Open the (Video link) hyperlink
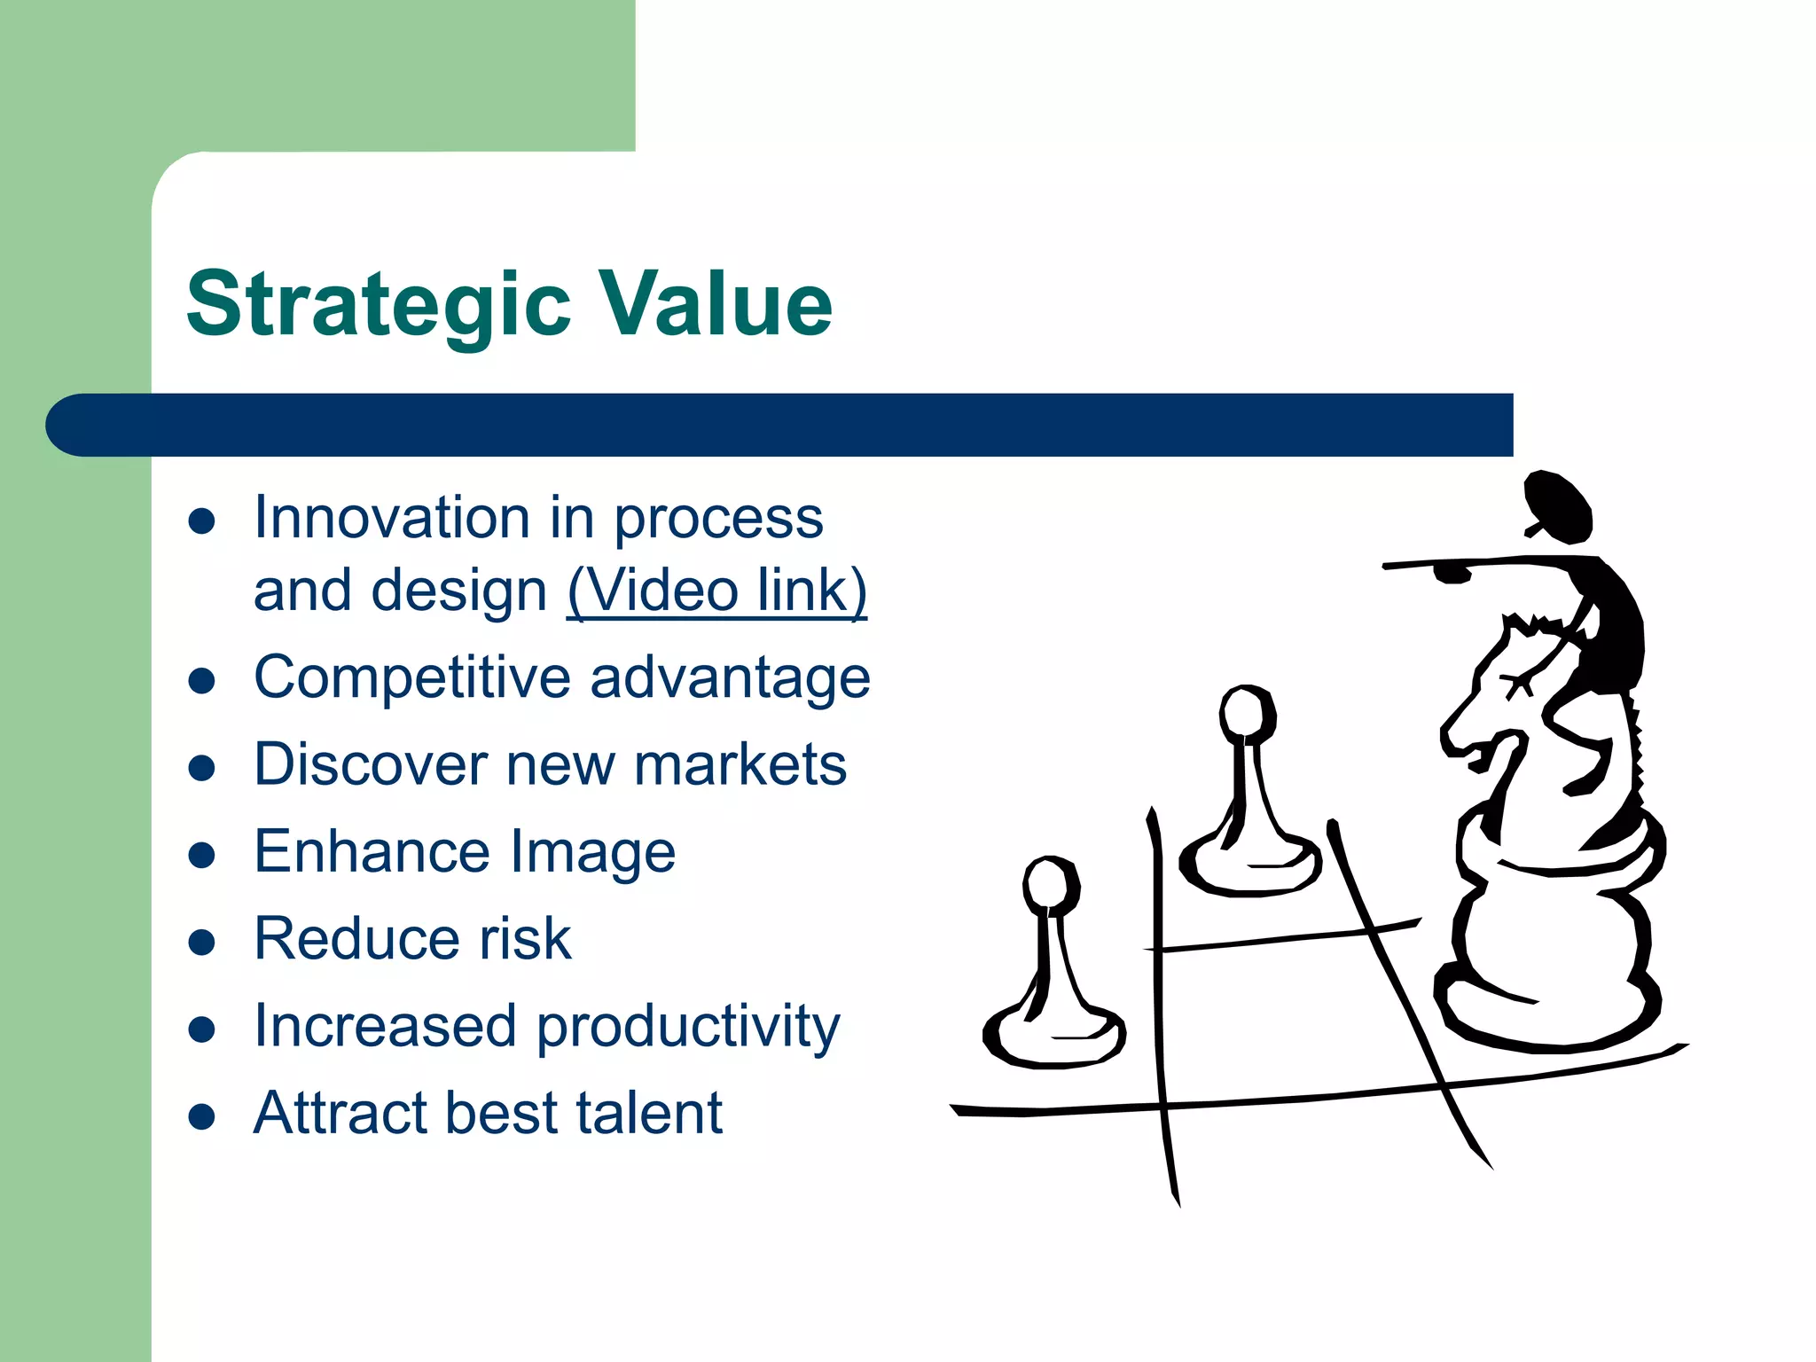coord(716,591)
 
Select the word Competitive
coord(411,678)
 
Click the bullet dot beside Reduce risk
coord(202,942)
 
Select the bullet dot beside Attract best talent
coord(202,1117)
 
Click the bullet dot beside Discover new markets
coord(202,767)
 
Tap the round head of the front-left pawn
coord(1050,884)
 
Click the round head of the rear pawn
coord(1245,713)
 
